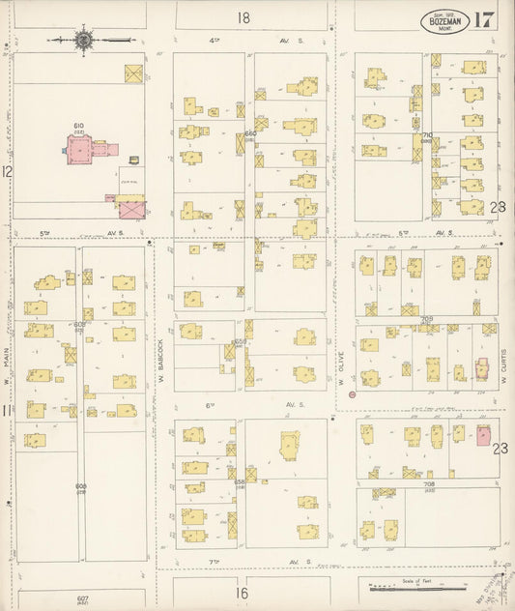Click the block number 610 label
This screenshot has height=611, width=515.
tap(78, 125)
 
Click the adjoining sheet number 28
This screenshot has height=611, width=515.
tap(498, 207)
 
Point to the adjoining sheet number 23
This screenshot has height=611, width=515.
tap(499, 448)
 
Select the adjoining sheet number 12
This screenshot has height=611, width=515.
tap(7, 171)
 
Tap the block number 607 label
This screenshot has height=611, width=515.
tap(82, 598)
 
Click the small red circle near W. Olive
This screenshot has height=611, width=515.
tap(352, 394)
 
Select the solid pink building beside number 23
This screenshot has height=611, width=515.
tap(483, 436)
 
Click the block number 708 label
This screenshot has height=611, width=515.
tap(428, 482)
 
